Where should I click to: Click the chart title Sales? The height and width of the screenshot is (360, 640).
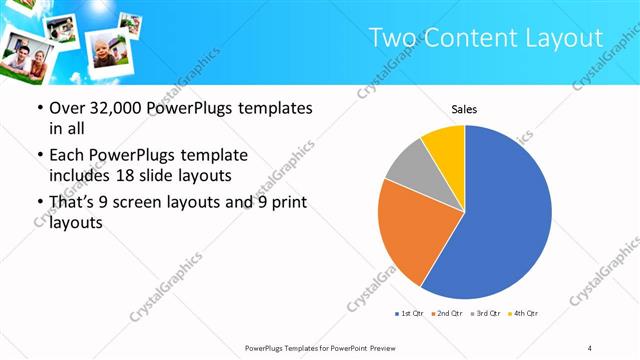click(464, 108)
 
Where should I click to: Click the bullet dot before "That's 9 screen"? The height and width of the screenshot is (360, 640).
click(39, 203)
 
